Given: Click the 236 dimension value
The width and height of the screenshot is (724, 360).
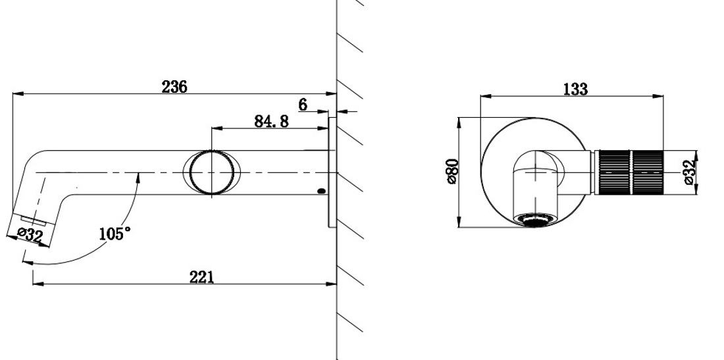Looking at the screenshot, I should (x=175, y=86).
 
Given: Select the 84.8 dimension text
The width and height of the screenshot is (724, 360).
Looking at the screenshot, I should (x=271, y=121).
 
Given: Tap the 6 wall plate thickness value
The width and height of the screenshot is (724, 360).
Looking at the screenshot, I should (x=303, y=104).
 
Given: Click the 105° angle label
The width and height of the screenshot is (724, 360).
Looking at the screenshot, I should (x=115, y=233).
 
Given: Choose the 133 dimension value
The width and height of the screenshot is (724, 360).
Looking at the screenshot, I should (x=575, y=89).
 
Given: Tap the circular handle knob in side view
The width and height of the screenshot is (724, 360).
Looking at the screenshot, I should (x=211, y=172).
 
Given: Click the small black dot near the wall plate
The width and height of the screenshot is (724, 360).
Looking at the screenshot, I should (x=321, y=192).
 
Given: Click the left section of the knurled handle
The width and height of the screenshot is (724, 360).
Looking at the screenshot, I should (x=613, y=172).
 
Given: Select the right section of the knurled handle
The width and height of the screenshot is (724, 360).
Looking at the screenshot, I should (x=647, y=172).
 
